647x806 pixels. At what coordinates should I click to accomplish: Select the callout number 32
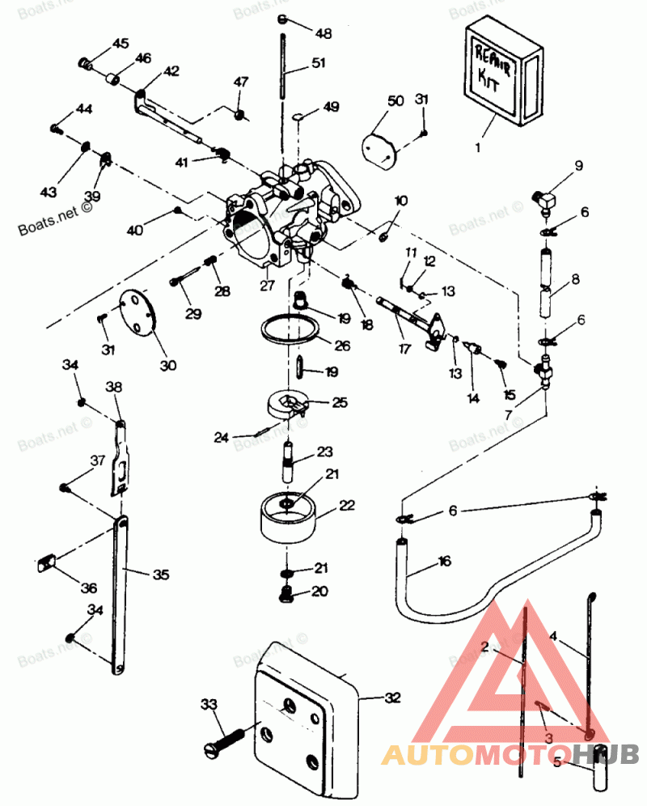(x=393, y=697)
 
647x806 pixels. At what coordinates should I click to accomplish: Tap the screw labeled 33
(x=226, y=739)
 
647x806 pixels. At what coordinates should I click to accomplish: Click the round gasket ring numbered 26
(x=288, y=329)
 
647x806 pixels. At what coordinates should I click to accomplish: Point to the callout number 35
(x=161, y=575)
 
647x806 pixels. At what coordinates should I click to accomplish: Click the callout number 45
(x=120, y=43)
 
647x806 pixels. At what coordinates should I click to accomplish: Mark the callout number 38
(x=113, y=388)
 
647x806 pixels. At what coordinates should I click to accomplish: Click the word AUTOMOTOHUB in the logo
(x=510, y=754)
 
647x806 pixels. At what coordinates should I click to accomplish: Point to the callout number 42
(x=171, y=71)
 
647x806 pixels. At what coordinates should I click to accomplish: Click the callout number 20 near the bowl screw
(x=319, y=592)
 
